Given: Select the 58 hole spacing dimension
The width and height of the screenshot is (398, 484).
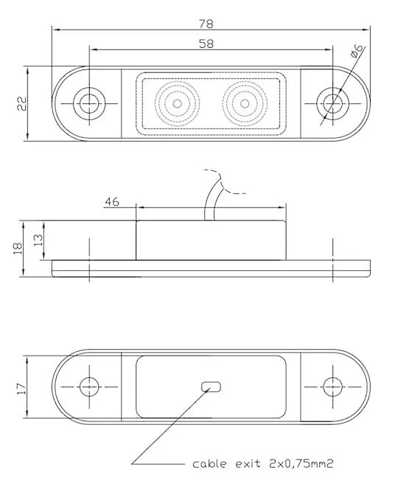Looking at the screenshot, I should [207, 44].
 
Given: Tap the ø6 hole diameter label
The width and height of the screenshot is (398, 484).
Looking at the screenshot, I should [356, 52].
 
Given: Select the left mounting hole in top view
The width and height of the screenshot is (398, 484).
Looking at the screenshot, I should [90, 104].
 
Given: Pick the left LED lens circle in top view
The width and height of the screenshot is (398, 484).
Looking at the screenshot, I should [176, 104].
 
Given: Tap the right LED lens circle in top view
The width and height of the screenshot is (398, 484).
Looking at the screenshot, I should [243, 104].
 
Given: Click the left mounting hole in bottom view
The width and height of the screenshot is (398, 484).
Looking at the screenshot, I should [90, 386].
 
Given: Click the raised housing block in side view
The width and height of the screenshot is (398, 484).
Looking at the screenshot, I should [210, 240].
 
